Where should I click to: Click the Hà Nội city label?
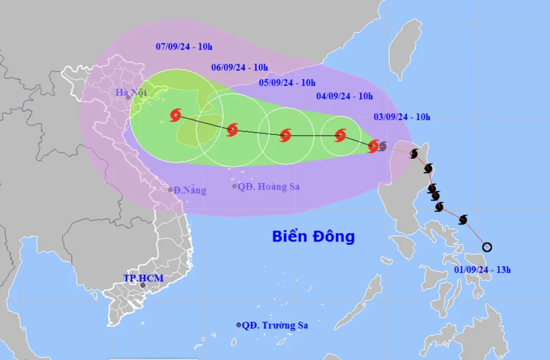point(131,92)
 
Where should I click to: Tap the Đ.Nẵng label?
point(190,190)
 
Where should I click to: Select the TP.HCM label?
point(144,278)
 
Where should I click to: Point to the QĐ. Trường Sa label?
point(275,325)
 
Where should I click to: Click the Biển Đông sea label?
point(313,237)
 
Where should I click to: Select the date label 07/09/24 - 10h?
point(184,46)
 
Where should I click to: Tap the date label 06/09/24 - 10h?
point(239,68)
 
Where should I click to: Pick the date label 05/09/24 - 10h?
point(287,83)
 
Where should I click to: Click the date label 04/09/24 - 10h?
point(345,96)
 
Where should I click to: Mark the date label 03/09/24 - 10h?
point(402,116)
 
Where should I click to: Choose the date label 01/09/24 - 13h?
point(483,270)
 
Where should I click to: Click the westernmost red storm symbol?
point(175,115)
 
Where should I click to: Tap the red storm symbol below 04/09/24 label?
point(340,135)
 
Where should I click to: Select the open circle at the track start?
point(487,247)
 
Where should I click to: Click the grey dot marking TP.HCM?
point(143,285)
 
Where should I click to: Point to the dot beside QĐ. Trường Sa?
point(239,325)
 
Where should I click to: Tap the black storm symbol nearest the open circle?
point(463,220)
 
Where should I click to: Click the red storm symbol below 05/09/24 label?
point(285,135)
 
